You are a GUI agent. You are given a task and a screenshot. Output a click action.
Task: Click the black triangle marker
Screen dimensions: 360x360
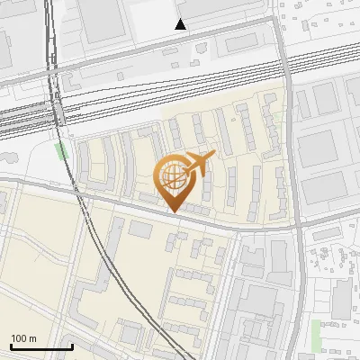click(x=180, y=24)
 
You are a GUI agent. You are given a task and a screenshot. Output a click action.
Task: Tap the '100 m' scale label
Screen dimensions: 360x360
click(x=24, y=338)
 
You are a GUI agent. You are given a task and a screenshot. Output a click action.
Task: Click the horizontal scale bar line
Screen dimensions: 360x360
click(x=41, y=346)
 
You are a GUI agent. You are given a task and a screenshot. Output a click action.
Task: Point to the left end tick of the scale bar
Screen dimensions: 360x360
click(x=11, y=345)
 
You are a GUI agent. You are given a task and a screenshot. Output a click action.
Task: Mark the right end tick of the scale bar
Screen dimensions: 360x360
click(x=72, y=345)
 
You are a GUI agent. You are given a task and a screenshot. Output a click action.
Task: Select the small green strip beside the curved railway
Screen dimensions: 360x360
click(x=63, y=150)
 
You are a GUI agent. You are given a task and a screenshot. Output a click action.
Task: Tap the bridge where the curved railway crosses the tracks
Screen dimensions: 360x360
click(x=56, y=112)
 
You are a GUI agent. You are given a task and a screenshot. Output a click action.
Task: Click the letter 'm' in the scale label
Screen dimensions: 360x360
click(x=32, y=338)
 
